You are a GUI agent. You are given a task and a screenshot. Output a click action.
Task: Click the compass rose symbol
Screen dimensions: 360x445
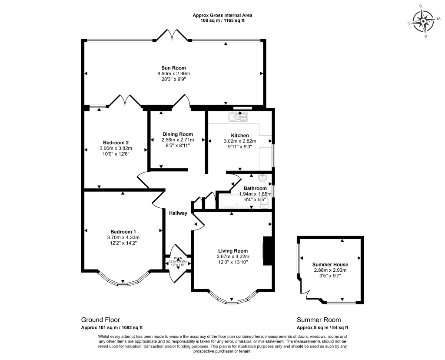click(423, 21)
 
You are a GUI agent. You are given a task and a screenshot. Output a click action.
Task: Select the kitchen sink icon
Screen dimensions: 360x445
click(238, 117)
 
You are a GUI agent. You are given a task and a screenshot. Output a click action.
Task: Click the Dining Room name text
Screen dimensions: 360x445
click(177, 134)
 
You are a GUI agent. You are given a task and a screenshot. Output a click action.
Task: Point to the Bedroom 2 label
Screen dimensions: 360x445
click(116, 142)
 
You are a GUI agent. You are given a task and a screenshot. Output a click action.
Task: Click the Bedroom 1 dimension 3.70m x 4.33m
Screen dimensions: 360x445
click(123, 237)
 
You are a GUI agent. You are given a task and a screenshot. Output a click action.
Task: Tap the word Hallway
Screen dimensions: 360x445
click(178, 213)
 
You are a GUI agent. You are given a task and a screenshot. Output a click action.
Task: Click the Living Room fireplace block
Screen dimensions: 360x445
click(268, 250)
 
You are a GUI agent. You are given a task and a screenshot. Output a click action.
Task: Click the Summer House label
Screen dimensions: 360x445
click(330, 264)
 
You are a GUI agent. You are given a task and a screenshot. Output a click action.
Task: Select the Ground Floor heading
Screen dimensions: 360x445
click(100, 320)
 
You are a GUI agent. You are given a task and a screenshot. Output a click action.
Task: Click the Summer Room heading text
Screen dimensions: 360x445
click(319, 320)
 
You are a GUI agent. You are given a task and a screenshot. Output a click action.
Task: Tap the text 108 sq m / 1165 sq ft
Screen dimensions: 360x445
click(222, 20)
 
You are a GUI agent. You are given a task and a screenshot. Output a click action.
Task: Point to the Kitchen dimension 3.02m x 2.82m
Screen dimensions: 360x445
click(239, 141)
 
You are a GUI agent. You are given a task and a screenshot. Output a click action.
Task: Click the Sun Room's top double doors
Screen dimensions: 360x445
click(172, 34)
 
